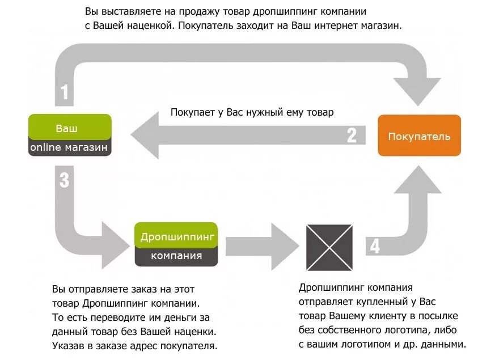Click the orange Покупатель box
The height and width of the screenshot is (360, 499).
click(x=419, y=135)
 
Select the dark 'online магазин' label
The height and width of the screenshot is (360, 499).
click(x=70, y=147)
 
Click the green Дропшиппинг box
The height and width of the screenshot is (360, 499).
click(x=176, y=236)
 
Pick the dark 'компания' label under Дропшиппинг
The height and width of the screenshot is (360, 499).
click(x=176, y=256)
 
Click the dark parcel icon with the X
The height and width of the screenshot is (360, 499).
click(x=329, y=247)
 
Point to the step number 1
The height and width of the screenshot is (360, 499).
click(x=65, y=92)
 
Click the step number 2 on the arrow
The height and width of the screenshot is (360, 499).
click(x=352, y=135)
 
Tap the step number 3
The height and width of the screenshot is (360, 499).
click(x=64, y=180)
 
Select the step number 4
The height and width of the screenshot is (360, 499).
click(x=375, y=246)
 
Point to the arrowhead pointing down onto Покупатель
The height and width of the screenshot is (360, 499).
click(x=419, y=91)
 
